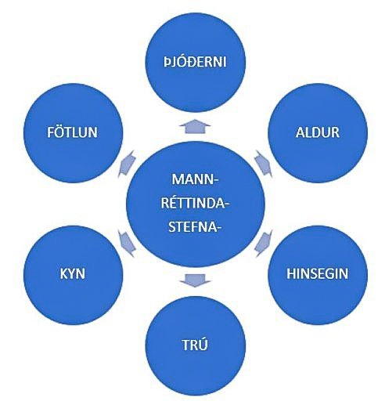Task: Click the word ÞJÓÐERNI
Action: (x=195, y=62)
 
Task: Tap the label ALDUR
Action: (x=317, y=132)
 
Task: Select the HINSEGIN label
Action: (x=317, y=273)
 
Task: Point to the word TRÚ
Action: (x=195, y=344)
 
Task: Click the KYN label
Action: (x=73, y=274)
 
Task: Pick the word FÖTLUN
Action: (x=72, y=132)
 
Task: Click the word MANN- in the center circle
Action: (x=196, y=179)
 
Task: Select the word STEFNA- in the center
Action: (x=194, y=227)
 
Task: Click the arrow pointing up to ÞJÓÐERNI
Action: (x=195, y=127)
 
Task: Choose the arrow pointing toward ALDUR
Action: (x=264, y=164)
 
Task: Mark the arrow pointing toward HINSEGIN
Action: (x=264, y=244)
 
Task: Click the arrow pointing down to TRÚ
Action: (x=195, y=280)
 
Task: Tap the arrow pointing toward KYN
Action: (x=127, y=244)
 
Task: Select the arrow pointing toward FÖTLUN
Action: (x=127, y=164)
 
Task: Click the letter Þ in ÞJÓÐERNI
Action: (x=167, y=63)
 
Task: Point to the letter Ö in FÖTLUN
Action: (x=59, y=132)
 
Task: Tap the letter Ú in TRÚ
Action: (x=203, y=344)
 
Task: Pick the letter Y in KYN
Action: (x=73, y=274)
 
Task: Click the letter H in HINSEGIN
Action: (x=291, y=273)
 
